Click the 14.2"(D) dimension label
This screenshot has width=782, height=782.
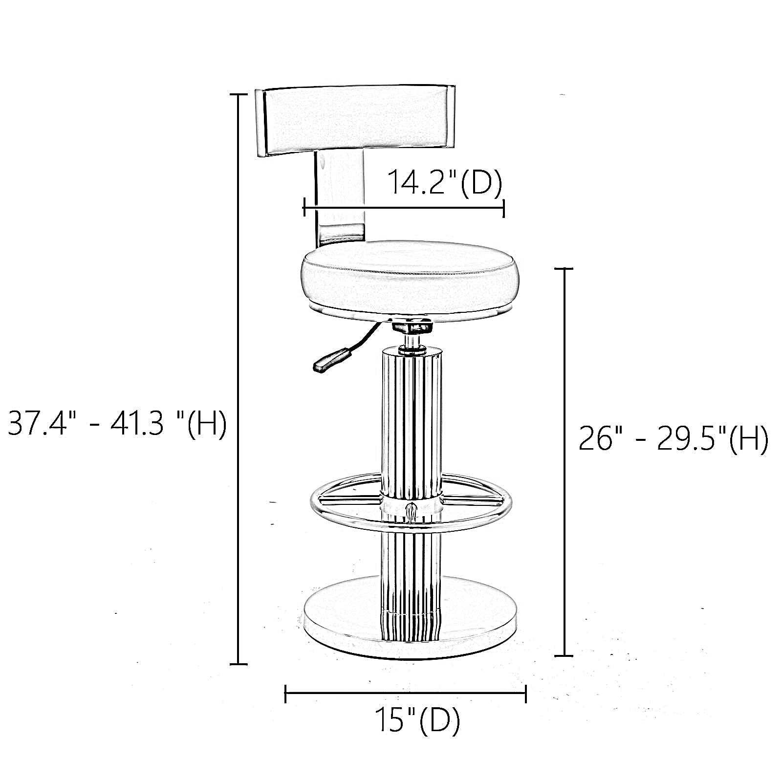pos(445,182)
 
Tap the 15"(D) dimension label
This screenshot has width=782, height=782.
pos(417,719)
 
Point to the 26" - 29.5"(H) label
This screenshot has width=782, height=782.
pos(673,438)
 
